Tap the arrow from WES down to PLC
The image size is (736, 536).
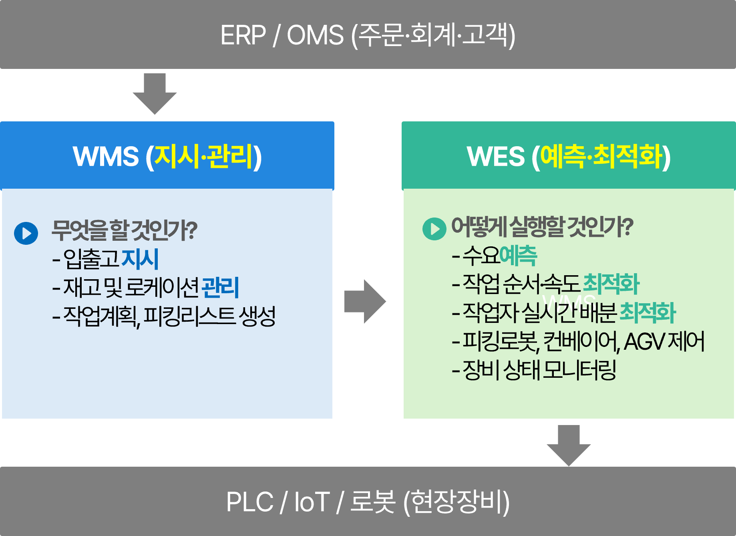[x=569, y=445]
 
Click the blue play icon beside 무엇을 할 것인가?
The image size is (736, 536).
[x=26, y=233]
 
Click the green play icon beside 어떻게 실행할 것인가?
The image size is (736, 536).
[x=434, y=229]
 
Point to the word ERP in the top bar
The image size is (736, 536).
[x=243, y=35]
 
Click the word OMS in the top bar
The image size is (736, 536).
[x=315, y=35]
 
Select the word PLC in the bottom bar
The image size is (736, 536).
[x=249, y=502]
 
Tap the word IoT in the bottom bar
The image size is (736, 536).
[x=312, y=502]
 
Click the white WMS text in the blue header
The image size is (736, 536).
[x=106, y=156]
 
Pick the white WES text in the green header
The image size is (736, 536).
[x=495, y=156]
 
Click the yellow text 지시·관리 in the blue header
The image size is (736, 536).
[x=204, y=156]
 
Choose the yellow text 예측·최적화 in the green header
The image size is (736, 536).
[x=601, y=156]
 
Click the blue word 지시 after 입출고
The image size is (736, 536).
[x=140, y=259]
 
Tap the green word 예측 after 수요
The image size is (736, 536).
[x=518, y=256]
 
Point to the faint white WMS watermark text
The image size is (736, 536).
[x=569, y=299]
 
